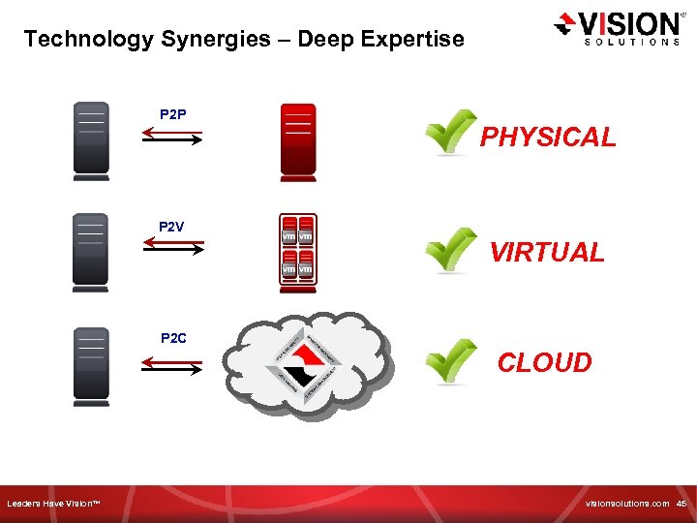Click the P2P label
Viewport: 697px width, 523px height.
pyautogui.click(x=173, y=115)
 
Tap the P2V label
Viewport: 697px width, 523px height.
pyautogui.click(x=171, y=227)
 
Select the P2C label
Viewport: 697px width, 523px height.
pyautogui.click(x=173, y=338)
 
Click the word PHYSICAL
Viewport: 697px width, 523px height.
pyautogui.click(x=548, y=138)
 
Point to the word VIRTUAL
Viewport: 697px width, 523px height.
pyautogui.click(x=547, y=253)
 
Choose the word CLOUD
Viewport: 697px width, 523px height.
pyautogui.click(x=544, y=363)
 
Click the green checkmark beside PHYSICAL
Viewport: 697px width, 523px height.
pyautogui.click(x=451, y=133)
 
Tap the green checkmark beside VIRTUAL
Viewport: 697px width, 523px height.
pyautogui.click(x=451, y=250)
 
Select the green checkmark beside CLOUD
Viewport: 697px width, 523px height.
pyautogui.click(x=451, y=361)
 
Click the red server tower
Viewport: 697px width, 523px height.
pyautogui.click(x=298, y=140)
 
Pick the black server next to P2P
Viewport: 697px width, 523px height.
pyautogui.click(x=91, y=141)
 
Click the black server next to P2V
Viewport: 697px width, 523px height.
pyautogui.click(x=91, y=252)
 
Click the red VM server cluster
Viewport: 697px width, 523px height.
pyautogui.click(x=298, y=252)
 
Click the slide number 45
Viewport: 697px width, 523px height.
pyautogui.click(x=681, y=504)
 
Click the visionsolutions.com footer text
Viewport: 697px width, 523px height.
pyautogui.click(x=626, y=504)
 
